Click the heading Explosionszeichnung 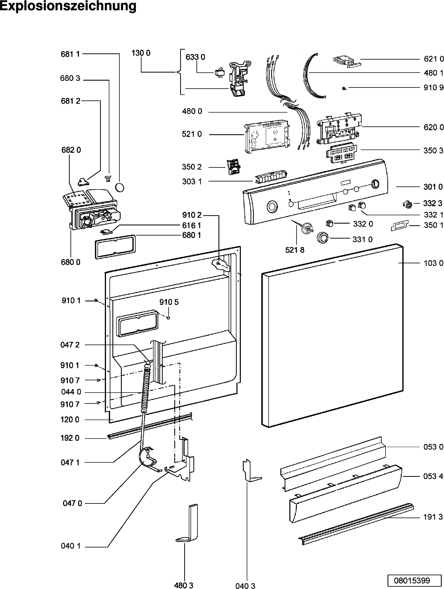coord(68,6)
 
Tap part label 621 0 coord(434,59)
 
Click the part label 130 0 coord(141,53)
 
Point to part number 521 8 coord(295,250)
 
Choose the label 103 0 coord(433,263)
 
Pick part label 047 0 coord(72,503)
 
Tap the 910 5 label coord(169,302)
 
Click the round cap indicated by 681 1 coord(120,187)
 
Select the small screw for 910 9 coord(344,88)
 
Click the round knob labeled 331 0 coord(322,238)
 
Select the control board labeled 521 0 coord(267,137)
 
